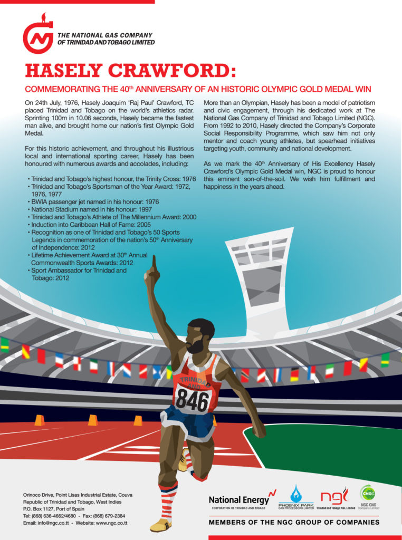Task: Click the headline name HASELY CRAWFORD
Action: [x=130, y=71]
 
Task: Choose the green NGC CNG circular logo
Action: [x=368, y=493]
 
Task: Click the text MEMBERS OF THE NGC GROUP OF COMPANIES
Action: [x=294, y=523]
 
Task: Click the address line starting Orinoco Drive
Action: [x=78, y=495]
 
